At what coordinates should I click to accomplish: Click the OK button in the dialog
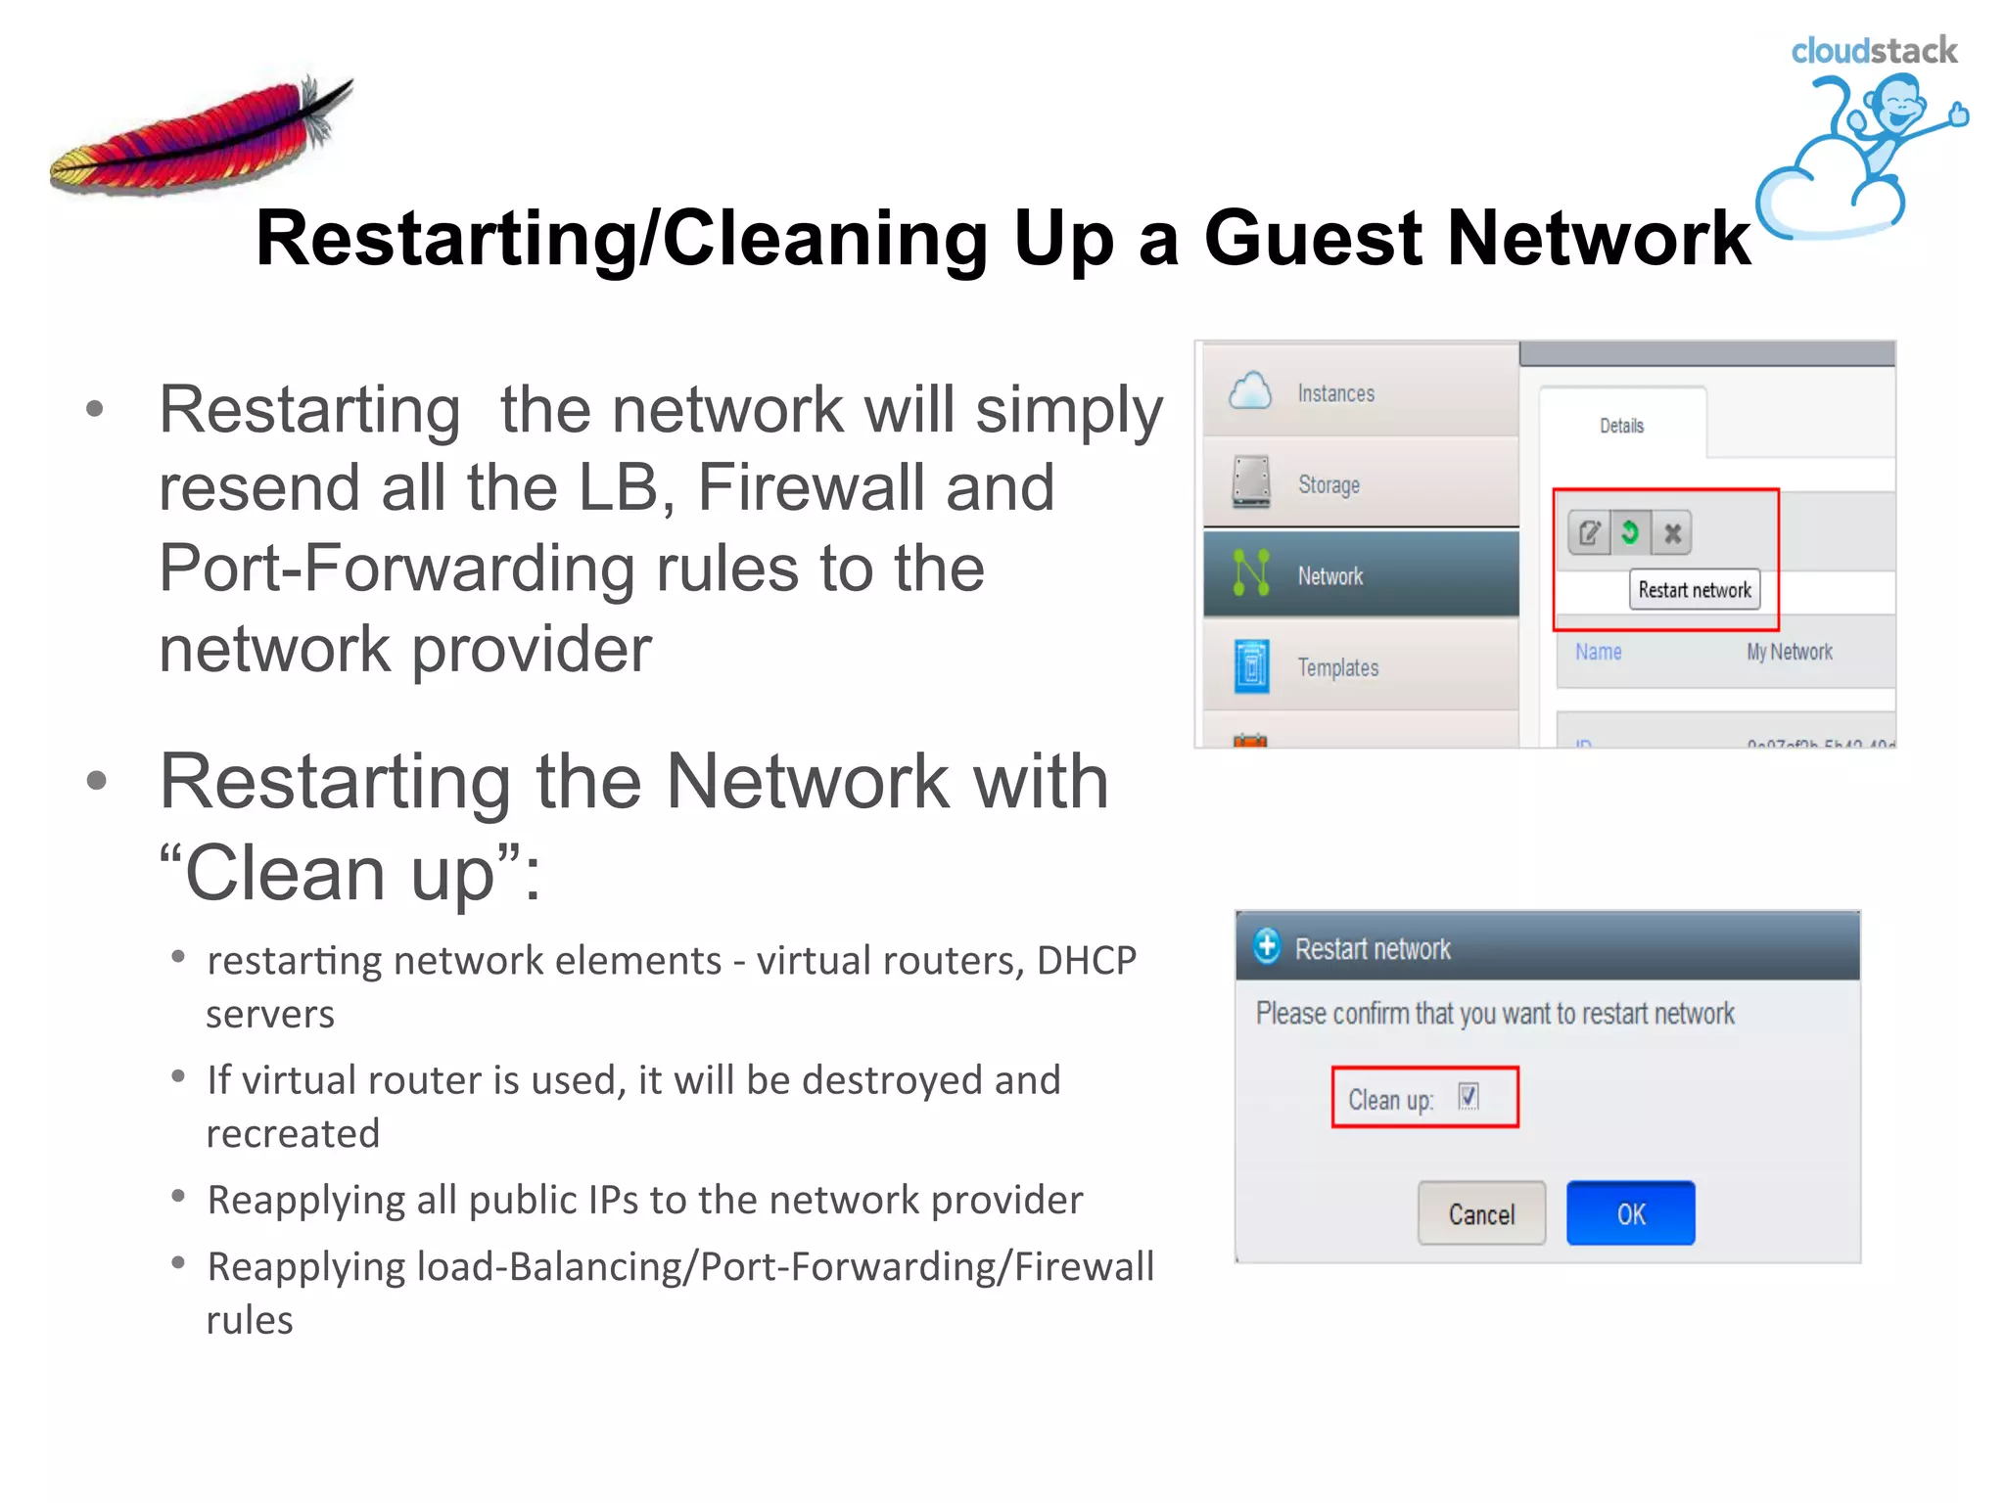(1630, 1213)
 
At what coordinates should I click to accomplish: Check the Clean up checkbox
(1469, 1097)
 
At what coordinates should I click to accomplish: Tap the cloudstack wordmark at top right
(1874, 51)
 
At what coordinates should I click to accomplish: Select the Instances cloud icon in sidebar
(1250, 391)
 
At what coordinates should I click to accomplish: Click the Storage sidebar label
(1329, 484)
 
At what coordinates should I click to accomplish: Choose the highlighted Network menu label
(1329, 576)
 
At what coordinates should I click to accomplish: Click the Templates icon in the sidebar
(1251, 666)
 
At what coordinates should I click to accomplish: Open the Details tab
(1621, 426)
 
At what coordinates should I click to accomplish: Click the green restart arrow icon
(1630, 532)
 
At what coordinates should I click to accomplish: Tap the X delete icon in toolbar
(1672, 533)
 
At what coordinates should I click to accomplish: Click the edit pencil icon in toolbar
(1589, 533)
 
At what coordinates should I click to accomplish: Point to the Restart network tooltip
(1695, 590)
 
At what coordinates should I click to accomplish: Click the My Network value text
(1789, 652)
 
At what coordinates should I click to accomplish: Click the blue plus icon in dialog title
(1267, 946)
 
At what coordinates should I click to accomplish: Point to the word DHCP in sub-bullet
(1086, 961)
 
